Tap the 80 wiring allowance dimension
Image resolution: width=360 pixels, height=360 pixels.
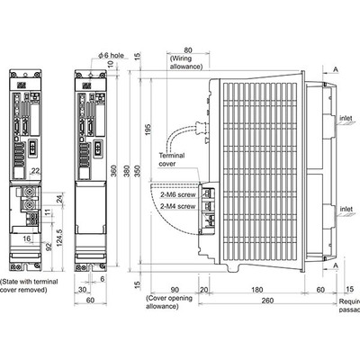[186, 51]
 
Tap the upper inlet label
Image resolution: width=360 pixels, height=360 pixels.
[346, 117]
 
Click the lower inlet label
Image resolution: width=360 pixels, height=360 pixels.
[346, 209]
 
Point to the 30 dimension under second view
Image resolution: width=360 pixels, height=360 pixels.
[82, 290]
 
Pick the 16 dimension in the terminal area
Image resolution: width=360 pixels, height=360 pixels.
[30, 240]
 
